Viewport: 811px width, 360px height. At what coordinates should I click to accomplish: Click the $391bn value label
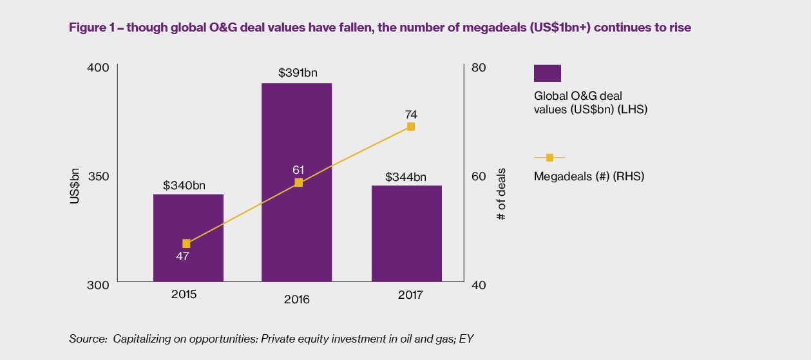[298, 73]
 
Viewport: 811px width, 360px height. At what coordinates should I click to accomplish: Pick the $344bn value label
[406, 177]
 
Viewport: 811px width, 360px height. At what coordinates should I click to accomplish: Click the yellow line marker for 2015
[187, 243]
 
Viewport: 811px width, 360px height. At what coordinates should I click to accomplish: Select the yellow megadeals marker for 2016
[298, 183]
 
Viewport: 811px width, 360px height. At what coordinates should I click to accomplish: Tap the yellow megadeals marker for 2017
[410, 127]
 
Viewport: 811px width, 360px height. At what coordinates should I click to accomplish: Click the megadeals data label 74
[411, 115]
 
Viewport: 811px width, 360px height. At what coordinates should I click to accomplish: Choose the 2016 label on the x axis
[296, 300]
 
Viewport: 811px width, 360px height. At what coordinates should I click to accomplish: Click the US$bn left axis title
[75, 187]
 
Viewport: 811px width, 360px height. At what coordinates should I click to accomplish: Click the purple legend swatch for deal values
[548, 73]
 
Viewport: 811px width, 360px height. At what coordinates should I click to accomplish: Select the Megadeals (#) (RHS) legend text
[589, 176]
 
